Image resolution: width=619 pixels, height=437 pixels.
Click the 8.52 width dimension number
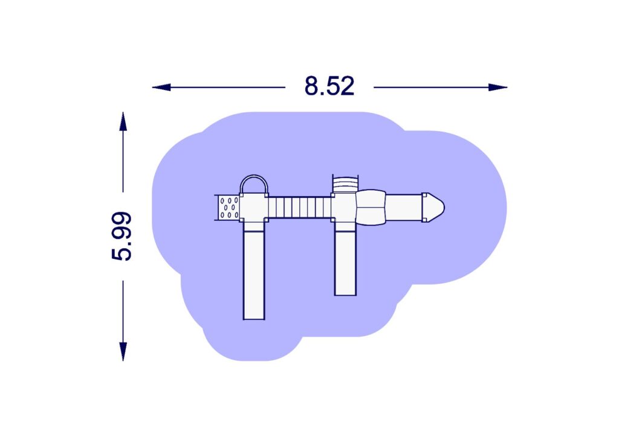pyautogui.click(x=329, y=86)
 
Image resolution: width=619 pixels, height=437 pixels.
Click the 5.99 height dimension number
pyautogui.click(x=122, y=236)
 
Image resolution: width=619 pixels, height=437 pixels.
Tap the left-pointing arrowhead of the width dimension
pyautogui.click(x=161, y=87)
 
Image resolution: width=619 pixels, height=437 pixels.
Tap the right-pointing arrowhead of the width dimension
pyautogui.click(x=497, y=87)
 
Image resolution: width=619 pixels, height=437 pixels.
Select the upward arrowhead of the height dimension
pyautogui.click(x=123, y=121)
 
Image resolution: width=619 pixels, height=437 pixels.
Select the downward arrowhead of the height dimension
pyautogui.click(x=123, y=351)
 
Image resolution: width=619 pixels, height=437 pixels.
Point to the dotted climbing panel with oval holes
pyautogui.click(x=228, y=207)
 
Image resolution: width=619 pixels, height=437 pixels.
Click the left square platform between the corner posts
pyautogui.click(x=254, y=208)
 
